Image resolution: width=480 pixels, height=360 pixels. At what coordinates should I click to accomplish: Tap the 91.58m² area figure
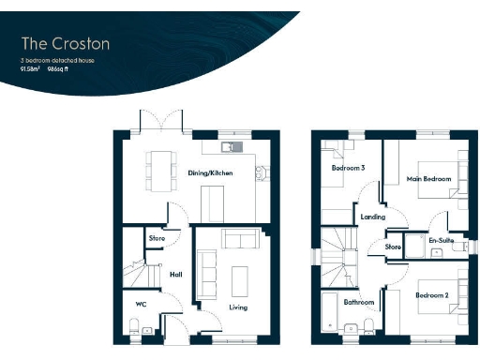click(30, 68)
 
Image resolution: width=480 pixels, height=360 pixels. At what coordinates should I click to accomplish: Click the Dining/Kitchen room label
click(209, 173)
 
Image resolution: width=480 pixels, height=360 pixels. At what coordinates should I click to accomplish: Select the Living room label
click(237, 307)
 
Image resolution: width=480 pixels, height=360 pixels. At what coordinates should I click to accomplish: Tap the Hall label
click(174, 274)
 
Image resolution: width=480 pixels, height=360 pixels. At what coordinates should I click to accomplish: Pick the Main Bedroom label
click(428, 178)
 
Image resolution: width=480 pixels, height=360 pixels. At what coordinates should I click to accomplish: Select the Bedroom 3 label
click(348, 169)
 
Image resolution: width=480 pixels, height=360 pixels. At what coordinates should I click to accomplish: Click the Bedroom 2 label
click(432, 296)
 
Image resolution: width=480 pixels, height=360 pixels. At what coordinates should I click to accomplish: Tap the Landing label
click(372, 217)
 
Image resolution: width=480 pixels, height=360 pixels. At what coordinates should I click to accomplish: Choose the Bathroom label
click(359, 302)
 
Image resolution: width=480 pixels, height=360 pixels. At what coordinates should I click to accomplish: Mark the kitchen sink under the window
click(229, 147)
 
